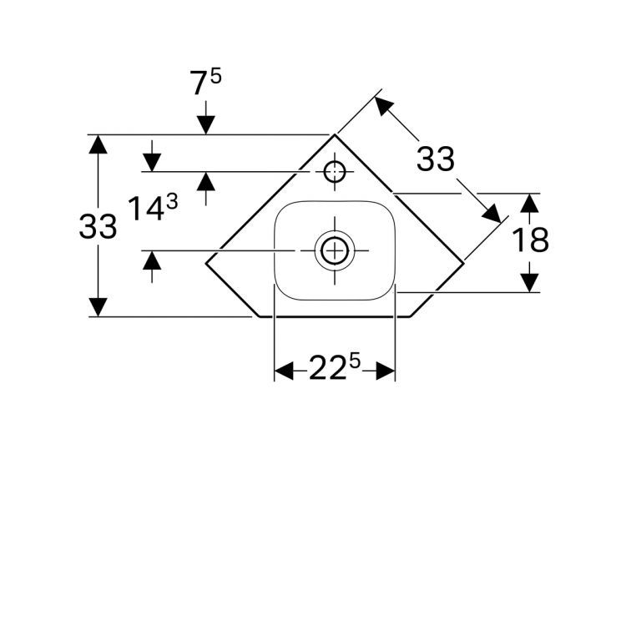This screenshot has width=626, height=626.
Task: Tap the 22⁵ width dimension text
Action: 335,369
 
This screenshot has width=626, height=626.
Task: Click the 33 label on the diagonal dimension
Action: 436,159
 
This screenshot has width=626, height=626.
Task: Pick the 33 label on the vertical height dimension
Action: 98,226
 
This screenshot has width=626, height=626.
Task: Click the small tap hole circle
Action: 335,172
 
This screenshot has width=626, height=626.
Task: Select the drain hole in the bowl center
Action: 335,249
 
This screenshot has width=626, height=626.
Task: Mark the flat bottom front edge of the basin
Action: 335,317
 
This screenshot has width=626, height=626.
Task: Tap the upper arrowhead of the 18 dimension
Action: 528,203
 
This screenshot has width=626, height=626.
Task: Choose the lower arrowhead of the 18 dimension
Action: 528,283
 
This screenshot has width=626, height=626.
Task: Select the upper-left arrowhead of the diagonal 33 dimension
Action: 382,105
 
